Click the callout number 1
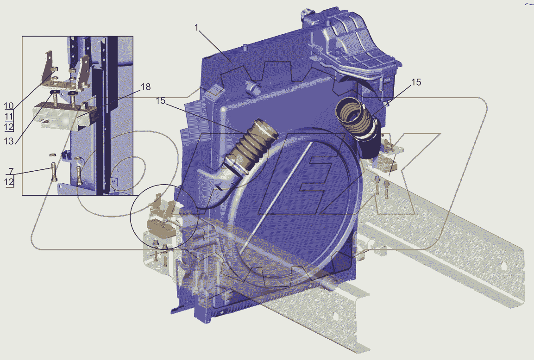click(x=196, y=28)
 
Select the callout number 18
click(x=145, y=87)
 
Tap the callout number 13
click(x=9, y=141)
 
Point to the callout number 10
click(x=9, y=106)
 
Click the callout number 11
click(x=9, y=117)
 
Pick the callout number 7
click(x=11, y=171)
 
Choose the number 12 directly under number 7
click(x=9, y=182)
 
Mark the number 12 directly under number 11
click(x=9, y=127)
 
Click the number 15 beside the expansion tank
click(x=416, y=82)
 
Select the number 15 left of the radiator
click(x=161, y=101)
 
